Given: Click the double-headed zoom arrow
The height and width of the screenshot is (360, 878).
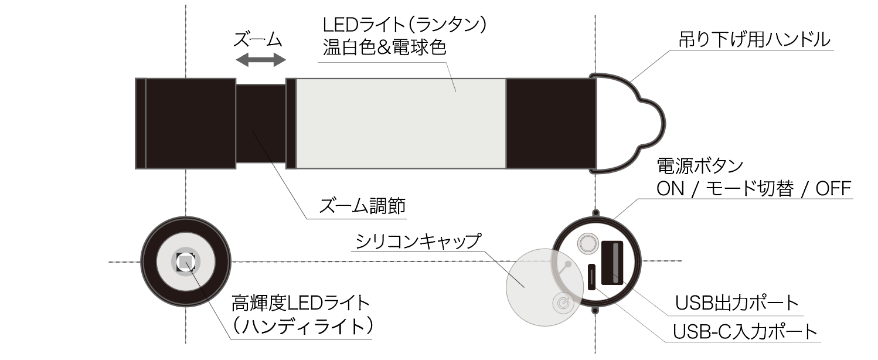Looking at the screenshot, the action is click(261, 60).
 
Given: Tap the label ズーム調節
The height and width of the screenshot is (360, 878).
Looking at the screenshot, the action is click(362, 205).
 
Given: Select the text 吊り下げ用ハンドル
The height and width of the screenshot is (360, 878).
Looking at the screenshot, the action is click(754, 40).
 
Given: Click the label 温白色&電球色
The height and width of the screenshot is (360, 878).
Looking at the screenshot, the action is click(384, 47).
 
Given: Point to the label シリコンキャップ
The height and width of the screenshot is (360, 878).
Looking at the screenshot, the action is click(418, 241).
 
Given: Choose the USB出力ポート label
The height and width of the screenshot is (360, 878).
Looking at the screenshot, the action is click(737, 303).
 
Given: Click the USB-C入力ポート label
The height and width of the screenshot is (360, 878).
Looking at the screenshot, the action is click(745, 332).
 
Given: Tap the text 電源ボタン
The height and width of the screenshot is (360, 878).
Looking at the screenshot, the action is click(700, 166).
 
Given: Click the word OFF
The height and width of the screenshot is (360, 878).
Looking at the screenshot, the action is click(833, 189).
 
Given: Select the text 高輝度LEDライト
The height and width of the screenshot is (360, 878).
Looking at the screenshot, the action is click(301, 303).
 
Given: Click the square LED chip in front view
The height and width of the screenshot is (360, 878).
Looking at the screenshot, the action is click(185, 261).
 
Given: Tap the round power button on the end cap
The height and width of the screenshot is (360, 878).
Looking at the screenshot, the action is click(587, 243).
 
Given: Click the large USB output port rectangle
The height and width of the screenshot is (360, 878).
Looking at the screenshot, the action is click(612, 263).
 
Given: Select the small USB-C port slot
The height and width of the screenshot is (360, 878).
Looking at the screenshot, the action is click(591, 277).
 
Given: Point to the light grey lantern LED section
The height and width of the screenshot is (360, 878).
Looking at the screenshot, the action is click(401, 124).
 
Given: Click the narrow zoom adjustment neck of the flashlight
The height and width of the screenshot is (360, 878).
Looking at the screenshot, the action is click(261, 124).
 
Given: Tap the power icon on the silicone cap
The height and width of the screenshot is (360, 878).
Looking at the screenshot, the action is click(563, 303).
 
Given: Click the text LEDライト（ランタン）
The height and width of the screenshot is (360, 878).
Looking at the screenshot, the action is click(405, 25).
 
